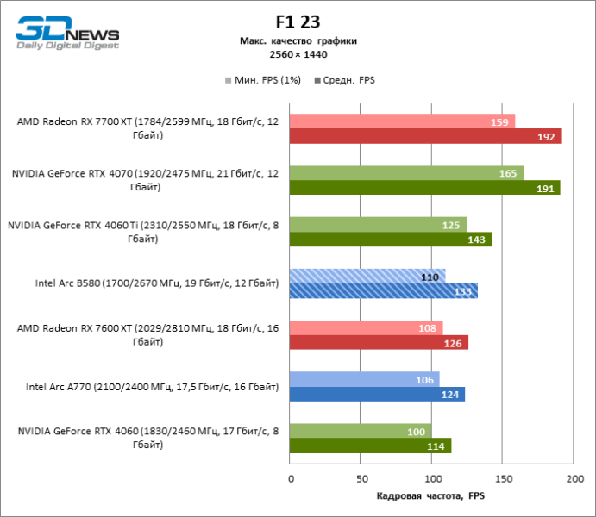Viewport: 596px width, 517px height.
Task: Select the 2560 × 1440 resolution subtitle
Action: [298, 54]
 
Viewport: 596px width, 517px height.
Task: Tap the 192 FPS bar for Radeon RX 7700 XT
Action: [426, 136]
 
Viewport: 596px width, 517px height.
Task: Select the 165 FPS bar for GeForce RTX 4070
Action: [406, 173]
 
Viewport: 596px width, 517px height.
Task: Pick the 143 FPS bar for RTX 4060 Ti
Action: [391, 240]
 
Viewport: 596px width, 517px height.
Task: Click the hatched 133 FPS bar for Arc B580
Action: [384, 291]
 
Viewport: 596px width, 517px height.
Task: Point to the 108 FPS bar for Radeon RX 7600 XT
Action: [367, 327]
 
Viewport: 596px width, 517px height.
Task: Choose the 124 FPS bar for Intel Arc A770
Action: [378, 394]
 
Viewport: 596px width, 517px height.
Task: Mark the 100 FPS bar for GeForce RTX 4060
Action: [361, 431]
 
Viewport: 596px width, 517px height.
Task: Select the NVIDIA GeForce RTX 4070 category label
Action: [145, 180]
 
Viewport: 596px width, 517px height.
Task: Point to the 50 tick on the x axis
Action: [361, 477]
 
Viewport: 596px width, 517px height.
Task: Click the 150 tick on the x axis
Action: [504, 477]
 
